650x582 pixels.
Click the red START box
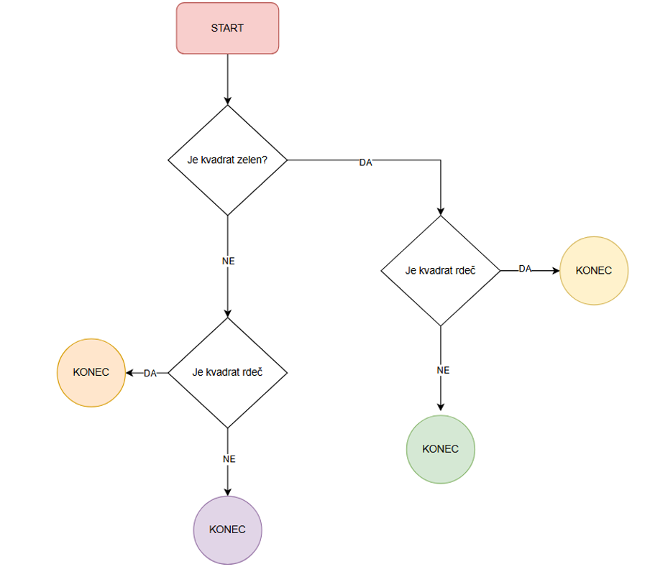coord(227,28)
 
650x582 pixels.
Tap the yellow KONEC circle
coord(594,271)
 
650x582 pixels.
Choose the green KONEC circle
coord(440,449)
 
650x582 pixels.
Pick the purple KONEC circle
coord(227,530)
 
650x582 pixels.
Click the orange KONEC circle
coord(91,372)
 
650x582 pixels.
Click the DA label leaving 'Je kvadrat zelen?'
coord(365,162)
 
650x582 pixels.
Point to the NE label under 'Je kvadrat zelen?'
coord(229,262)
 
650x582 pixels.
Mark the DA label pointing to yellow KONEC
coord(525,269)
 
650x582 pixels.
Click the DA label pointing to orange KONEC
coord(150,373)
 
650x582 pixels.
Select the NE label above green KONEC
coord(443,370)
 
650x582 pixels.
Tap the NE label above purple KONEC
coord(229,458)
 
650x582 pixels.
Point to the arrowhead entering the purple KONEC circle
coord(228,491)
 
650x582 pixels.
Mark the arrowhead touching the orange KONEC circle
coord(130,372)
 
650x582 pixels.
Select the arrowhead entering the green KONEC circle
coord(440,410)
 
